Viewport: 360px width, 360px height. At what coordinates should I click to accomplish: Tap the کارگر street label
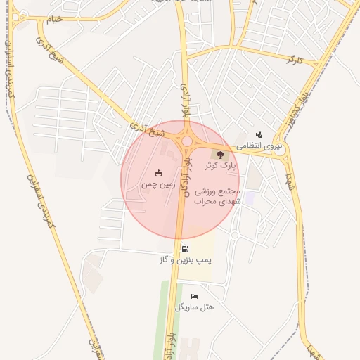point(295,61)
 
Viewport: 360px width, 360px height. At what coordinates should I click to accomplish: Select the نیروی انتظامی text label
point(259,146)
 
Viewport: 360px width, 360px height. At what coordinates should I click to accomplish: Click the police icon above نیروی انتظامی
point(259,134)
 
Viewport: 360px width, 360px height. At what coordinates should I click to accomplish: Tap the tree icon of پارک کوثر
point(221,154)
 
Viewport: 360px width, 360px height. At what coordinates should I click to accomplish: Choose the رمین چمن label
point(158,184)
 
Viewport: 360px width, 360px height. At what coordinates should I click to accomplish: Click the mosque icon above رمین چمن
point(158,173)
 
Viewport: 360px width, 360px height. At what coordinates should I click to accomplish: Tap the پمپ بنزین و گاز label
point(185,259)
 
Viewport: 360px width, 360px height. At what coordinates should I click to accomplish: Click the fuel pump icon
point(185,248)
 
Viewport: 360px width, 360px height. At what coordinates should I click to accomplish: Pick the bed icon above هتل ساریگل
point(194,296)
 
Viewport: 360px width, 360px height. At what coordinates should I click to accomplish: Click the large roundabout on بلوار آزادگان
point(187,141)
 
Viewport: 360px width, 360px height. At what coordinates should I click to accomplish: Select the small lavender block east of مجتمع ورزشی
point(249,199)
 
